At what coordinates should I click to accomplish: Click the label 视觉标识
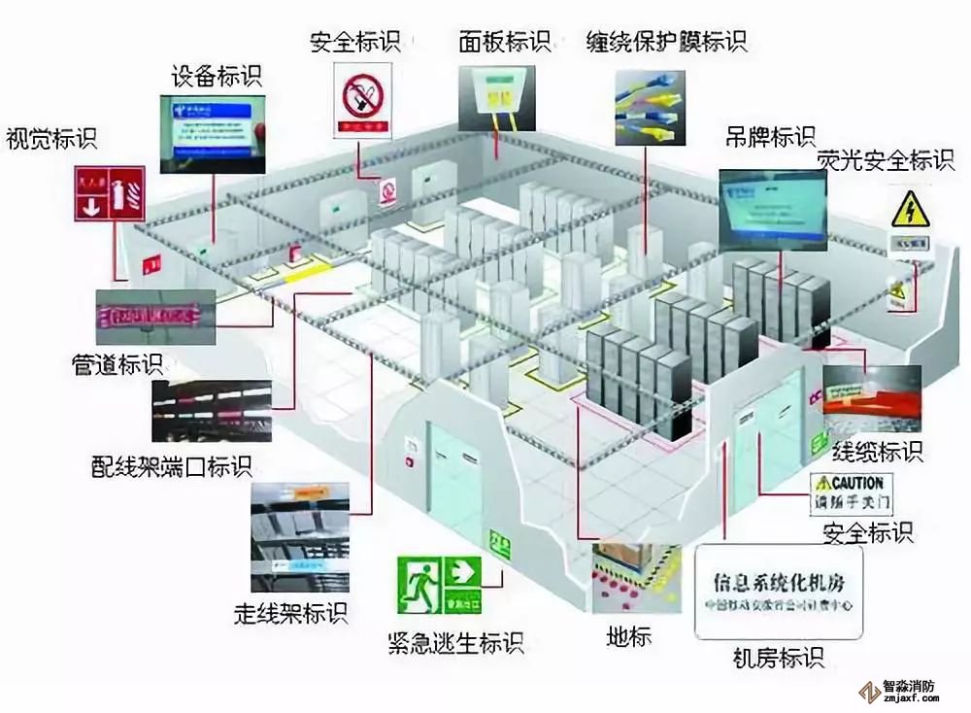click(51, 139)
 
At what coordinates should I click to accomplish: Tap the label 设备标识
click(216, 75)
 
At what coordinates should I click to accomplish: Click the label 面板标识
click(505, 42)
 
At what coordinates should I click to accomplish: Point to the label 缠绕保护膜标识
click(666, 42)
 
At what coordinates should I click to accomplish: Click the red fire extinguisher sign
click(110, 194)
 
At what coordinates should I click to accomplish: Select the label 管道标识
click(118, 365)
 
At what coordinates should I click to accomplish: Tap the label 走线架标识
click(290, 613)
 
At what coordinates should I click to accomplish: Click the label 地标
click(629, 637)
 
